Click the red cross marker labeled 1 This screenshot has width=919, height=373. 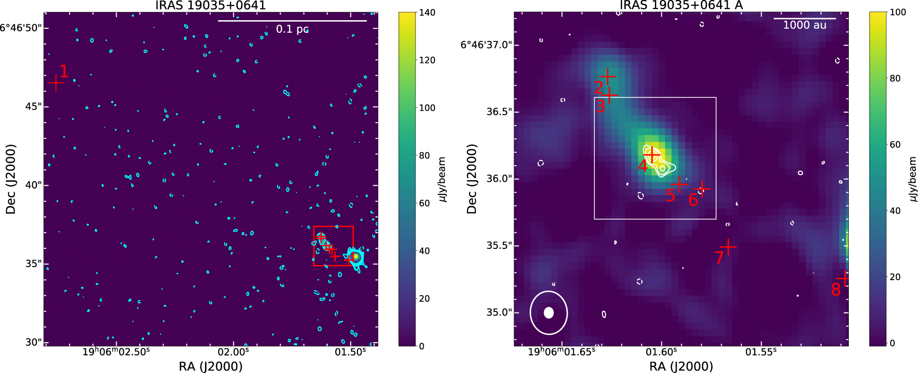pos(56,83)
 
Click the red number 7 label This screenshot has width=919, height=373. pos(719,258)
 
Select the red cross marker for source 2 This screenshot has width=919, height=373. pos(608,77)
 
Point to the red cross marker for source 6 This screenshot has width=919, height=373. pos(702,189)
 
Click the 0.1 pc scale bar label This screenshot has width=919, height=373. pos(292,29)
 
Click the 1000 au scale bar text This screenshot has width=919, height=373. pos(804,25)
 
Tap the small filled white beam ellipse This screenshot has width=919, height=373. pos(549,313)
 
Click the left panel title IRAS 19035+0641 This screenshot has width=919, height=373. pos(210,6)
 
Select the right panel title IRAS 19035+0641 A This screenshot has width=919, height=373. pos(681,6)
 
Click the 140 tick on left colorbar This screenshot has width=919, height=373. pos(427,13)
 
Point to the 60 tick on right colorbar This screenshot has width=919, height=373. pos(895,145)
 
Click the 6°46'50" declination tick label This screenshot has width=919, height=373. pos(20,28)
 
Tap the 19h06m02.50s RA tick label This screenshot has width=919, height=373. pos(116,352)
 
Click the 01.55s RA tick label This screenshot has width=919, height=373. pos(761,352)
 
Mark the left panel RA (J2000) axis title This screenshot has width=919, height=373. pos(211,366)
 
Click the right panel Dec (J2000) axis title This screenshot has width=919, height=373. pos(472,179)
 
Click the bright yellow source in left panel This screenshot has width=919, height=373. pos(356,257)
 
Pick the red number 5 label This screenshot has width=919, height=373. pos(670,195)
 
